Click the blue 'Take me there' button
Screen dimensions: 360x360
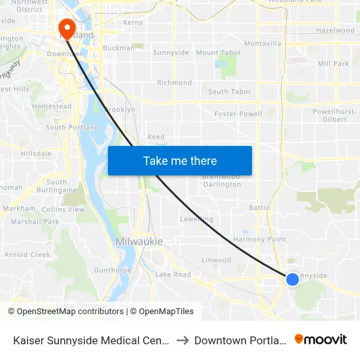[x=180, y=160]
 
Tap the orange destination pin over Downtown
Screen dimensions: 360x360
[x=67, y=28]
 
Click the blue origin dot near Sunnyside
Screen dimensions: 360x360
[x=293, y=279]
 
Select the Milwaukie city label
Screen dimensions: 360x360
[x=139, y=242]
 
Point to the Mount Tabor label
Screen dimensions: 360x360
[x=219, y=52]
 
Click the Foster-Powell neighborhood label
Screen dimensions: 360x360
[x=238, y=114]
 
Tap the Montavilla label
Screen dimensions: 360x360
[x=262, y=44]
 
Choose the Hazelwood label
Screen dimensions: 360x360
[x=335, y=31]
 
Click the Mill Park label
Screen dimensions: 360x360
[x=333, y=64]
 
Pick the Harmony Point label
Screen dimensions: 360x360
[x=260, y=240]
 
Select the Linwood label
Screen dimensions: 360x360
[x=216, y=260]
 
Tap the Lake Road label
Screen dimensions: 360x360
[x=173, y=274]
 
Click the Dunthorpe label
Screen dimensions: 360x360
[x=109, y=270]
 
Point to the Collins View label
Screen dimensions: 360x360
[x=63, y=209]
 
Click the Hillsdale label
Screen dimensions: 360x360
[x=36, y=153]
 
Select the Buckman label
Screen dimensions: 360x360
[x=118, y=48]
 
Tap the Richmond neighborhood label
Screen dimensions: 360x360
[x=175, y=83]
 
